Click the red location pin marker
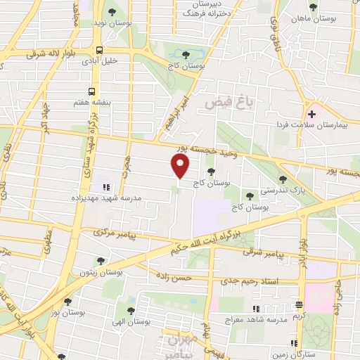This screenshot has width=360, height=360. (180, 166)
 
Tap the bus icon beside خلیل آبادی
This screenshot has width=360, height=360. (99, 51)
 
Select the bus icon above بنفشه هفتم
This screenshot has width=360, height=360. (91, 91)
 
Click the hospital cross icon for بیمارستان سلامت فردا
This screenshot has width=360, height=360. (311, 113)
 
